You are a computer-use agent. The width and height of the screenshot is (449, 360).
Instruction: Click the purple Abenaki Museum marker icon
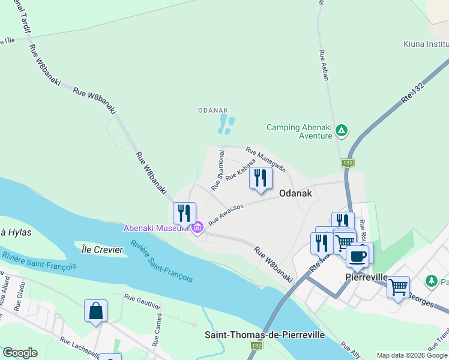point(197,227)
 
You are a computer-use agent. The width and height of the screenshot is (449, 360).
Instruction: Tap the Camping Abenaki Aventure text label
point(299,131)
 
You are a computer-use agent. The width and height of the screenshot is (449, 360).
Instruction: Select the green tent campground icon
point(341,130)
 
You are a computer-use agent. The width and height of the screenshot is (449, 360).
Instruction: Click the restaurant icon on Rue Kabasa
point(261,178)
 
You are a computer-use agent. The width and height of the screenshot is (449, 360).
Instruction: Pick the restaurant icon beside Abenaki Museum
point(184,214)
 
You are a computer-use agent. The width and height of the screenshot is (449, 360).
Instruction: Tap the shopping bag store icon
point(95,311)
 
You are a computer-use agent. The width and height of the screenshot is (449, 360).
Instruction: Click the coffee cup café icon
point(357,256)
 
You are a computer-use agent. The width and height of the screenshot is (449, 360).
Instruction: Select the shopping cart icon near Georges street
point(398,287)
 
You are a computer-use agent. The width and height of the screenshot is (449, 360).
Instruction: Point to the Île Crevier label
point(103,249)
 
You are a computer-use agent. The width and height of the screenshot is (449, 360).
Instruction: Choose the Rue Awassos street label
point(226,215)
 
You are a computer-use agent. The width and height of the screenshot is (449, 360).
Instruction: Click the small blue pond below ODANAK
point(226,125)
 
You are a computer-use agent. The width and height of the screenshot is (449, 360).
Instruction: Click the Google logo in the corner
point(20,353)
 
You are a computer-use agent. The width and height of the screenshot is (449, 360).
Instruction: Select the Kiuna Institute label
point(426,44)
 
